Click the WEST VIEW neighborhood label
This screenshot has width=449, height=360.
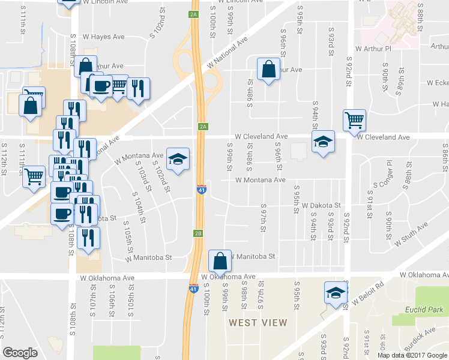[x=258, y=322]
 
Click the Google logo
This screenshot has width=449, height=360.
[x=20, y=352]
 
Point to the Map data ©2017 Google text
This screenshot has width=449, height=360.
[x=412, y=355]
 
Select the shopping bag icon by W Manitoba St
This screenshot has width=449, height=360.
[x=220, y=260]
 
